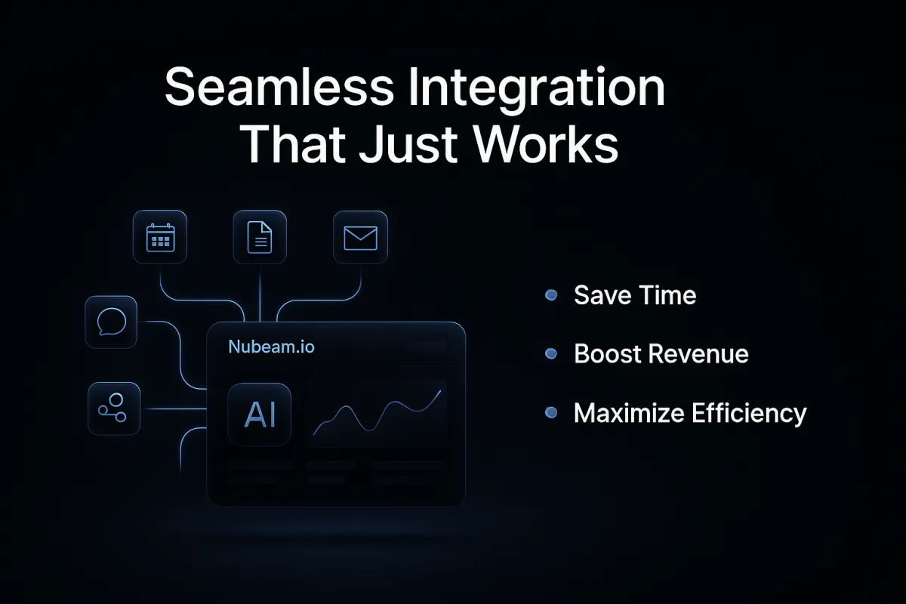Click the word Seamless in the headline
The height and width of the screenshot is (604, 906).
279,87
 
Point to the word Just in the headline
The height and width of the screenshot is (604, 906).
408,143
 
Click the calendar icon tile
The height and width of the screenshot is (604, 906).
160,237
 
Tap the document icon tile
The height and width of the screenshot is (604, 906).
260,237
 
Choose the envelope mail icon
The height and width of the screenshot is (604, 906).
360,238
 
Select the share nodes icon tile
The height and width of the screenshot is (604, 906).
114,408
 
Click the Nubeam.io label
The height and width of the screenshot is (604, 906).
271,347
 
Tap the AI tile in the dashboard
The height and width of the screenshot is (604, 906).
259,414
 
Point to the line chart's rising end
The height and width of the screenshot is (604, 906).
440,391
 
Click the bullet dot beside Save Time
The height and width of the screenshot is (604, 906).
551,295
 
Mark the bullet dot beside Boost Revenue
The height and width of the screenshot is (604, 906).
551,353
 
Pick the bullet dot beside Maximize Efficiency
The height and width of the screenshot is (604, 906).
551,413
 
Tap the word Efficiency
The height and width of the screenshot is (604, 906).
749,414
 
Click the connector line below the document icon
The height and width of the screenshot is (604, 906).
260,293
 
